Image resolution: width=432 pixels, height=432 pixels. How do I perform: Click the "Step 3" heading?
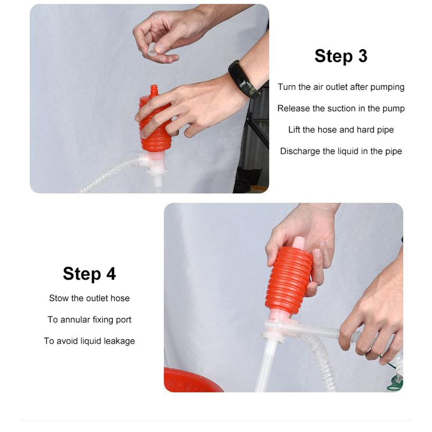tap(341, 56)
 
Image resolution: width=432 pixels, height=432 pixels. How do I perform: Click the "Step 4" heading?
tap(89, 274)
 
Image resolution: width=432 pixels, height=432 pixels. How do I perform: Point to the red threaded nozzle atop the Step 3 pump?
tap(154, 90)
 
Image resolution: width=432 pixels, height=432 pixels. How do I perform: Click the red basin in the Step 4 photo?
tap(192, 380)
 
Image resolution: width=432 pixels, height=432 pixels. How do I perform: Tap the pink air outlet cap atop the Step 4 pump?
tap(299, 243)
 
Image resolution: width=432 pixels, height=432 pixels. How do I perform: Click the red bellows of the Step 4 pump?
tap(288, 280)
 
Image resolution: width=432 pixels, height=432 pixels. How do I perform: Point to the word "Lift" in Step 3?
tap(294, 130)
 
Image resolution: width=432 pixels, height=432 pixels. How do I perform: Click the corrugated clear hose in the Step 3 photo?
tap(110, 172)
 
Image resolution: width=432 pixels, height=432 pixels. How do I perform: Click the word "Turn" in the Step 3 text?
tap(287, 87)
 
